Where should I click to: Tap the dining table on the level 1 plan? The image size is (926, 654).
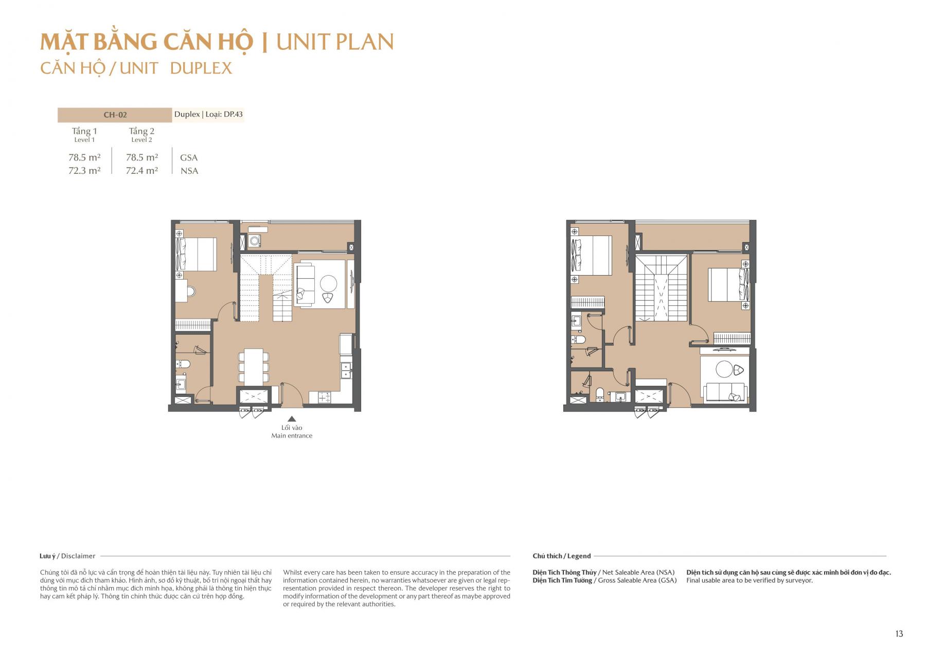pos(253,366)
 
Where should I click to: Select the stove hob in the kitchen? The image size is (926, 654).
pos(324,397)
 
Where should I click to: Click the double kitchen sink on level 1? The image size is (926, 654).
pos(346,371)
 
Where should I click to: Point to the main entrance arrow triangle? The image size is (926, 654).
pos(292,419)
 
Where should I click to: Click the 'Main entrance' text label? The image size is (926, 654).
pos(292,435)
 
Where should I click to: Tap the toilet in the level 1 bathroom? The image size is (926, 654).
pos(183,364)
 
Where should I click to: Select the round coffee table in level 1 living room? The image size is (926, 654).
pos(328,283)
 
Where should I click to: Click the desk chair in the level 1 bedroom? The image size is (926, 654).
pos(191,292)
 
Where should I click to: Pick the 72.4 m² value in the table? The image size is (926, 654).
pos(141,171)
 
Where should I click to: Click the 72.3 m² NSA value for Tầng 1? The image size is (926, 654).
pos(84,171)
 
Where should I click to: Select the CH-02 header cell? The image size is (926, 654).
pos(115,115)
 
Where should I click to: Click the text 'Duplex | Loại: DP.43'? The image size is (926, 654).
pos(208,114)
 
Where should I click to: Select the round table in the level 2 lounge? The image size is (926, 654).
pos(724,369)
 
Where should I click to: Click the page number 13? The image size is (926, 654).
pos(899,633)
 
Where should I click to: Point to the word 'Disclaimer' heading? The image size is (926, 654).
pos(78,556)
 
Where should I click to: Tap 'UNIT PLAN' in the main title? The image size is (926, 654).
pos(335,42)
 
